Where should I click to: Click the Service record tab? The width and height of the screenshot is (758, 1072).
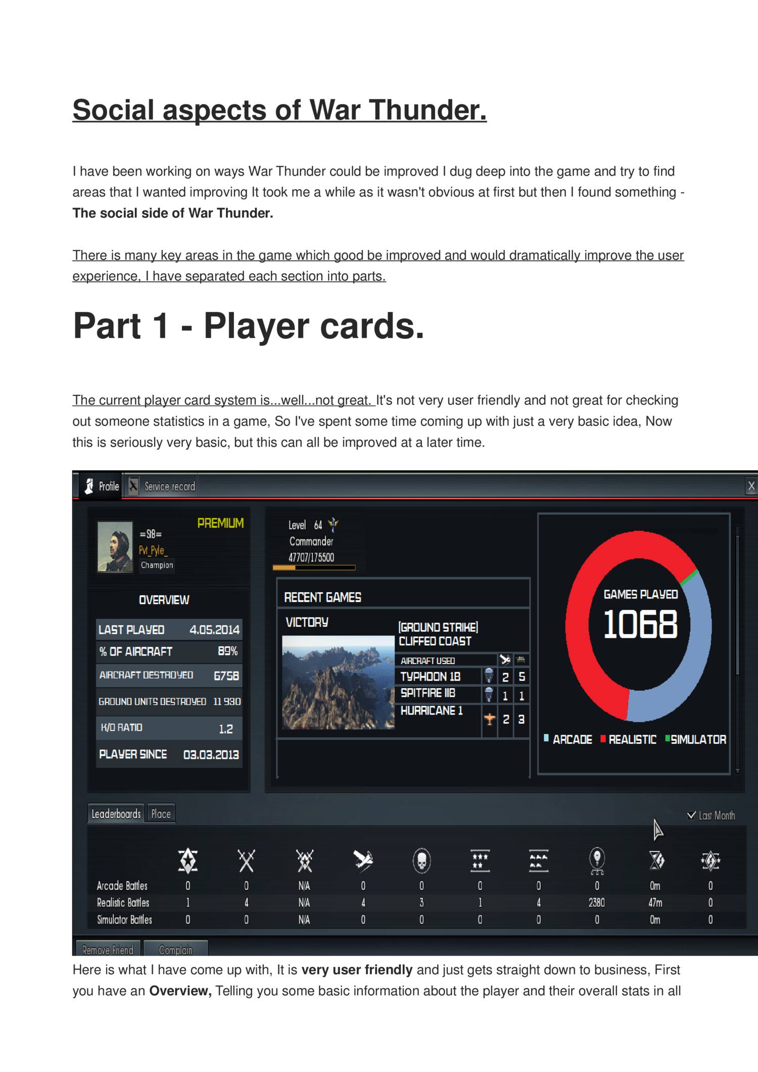click(162, 486)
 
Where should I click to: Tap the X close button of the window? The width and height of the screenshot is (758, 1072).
click(751, 486)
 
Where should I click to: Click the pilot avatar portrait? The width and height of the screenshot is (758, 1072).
click(115, 546)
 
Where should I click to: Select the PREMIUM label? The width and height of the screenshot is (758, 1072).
click(220, 523)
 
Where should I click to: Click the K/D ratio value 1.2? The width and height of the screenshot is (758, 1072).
click(225, 729)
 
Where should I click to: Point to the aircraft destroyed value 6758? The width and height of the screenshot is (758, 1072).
click(226, 676)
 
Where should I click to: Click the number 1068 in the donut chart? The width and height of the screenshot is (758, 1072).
click(640, 624)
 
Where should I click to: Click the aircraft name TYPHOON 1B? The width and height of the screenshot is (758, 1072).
click(430, 676)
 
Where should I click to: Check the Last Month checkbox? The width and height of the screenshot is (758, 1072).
click(691, 815)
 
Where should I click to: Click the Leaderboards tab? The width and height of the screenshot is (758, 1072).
click(116, 814)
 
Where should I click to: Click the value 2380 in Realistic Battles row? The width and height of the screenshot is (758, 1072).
click(596, 902)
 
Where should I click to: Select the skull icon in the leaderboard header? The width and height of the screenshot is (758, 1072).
click(421, 860)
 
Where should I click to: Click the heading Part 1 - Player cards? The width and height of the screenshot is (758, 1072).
click(249, 326)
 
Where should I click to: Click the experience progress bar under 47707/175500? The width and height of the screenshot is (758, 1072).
click(314, 568)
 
